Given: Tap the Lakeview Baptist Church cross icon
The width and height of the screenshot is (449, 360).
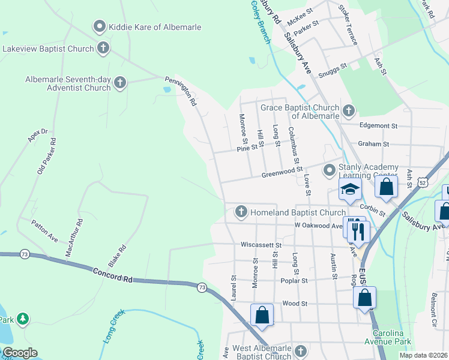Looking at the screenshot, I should coord(103,48).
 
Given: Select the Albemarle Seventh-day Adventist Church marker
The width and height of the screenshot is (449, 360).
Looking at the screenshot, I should coord(120,83).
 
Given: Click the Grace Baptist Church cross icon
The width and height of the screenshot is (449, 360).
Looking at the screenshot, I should coord(348,110).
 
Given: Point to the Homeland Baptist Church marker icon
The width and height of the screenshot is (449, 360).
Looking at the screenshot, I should coord(241,212).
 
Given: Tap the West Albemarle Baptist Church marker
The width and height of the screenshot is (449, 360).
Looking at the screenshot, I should coord(301,352).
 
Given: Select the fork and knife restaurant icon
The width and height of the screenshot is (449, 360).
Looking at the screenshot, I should coord(358,230).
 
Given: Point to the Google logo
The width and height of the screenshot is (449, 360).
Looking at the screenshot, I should coord(20,353).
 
